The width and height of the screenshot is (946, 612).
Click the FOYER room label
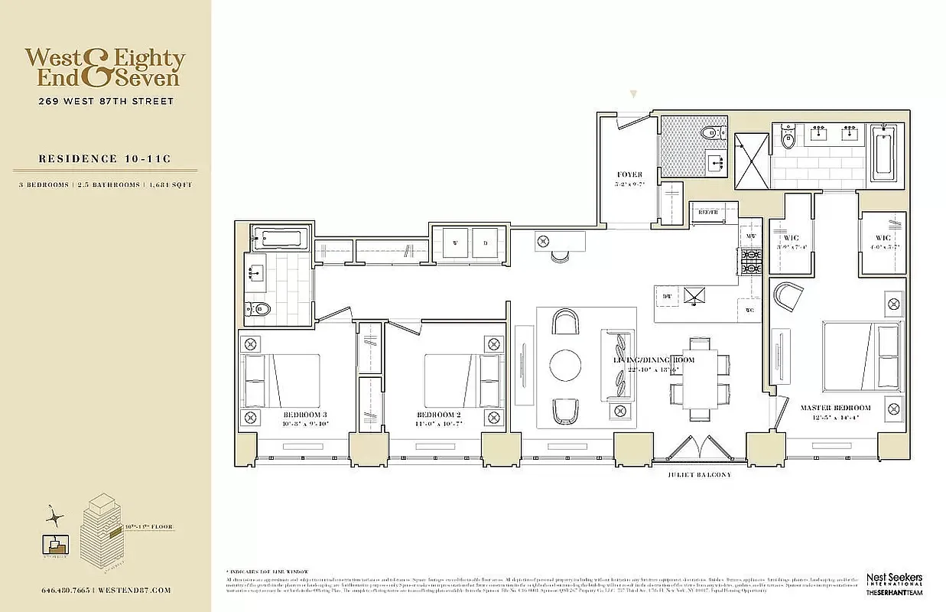pos(630,175)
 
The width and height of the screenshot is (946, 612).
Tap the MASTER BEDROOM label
pos(835,408)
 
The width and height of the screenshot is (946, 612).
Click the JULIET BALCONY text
pos(699,475)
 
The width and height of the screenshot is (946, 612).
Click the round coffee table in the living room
pos(565,366)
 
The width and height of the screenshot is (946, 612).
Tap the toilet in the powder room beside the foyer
pos(710,134)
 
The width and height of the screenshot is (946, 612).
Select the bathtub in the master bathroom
pos(883,153)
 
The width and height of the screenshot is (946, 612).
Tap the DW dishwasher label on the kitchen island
pos(666,295)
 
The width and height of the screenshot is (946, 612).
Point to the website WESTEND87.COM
pos(137,591)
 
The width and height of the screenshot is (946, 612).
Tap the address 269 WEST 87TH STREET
pos(106,102)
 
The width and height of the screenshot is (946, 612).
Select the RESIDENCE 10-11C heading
pos(105,159)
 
